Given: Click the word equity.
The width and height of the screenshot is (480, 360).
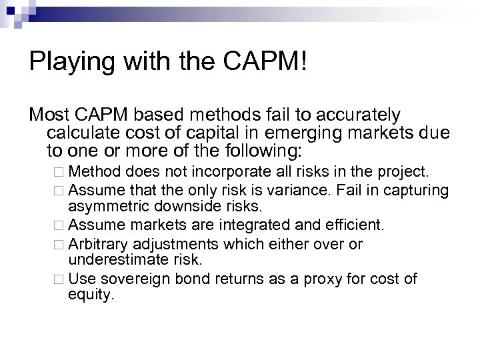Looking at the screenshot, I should [91, 293].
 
